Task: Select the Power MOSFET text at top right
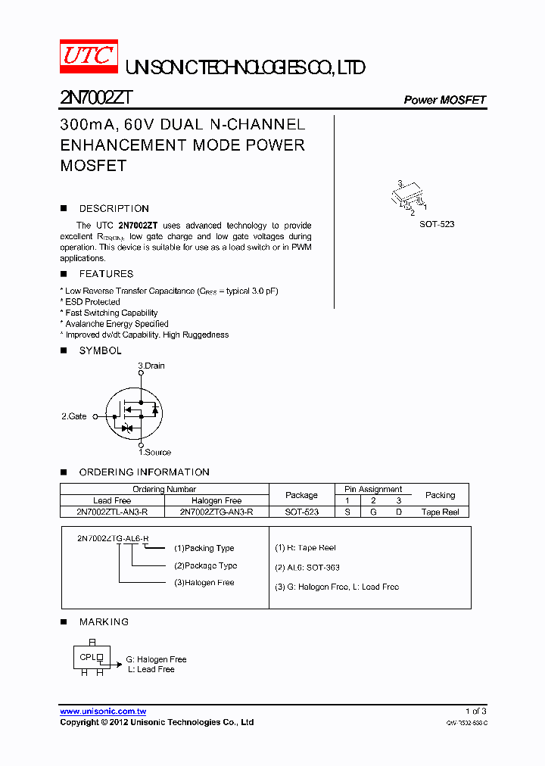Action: pyautogui.click(x=444, y=100)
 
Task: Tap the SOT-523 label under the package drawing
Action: pyautogui.click(x=437, y=225)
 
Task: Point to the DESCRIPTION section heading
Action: pyautogui.click(x=114, y=208)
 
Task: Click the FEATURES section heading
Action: pyautogui.click(x=106, y=274)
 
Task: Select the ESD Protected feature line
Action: pyautogui.click(x=92, y=302)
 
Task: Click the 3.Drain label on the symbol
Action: pyautogui.click(x=151, y=366)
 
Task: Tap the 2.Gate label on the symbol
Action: pyautogui.click(x=74, y=416)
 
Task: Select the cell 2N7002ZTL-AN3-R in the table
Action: pyautogui.click(x=112, y=512)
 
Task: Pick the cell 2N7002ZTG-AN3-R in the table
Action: pyautogui.click(x=216, y=512)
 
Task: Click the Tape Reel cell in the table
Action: pyautogui.click(x=440, y=512)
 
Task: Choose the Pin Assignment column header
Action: pyautogui.click(x=373, y=489)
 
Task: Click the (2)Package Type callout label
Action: pyautogui.click(x=205, y=565)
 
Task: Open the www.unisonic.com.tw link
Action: pyautogui.click(x=103, y=711)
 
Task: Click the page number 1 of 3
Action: pyautogui.click(x=475, y=711)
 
